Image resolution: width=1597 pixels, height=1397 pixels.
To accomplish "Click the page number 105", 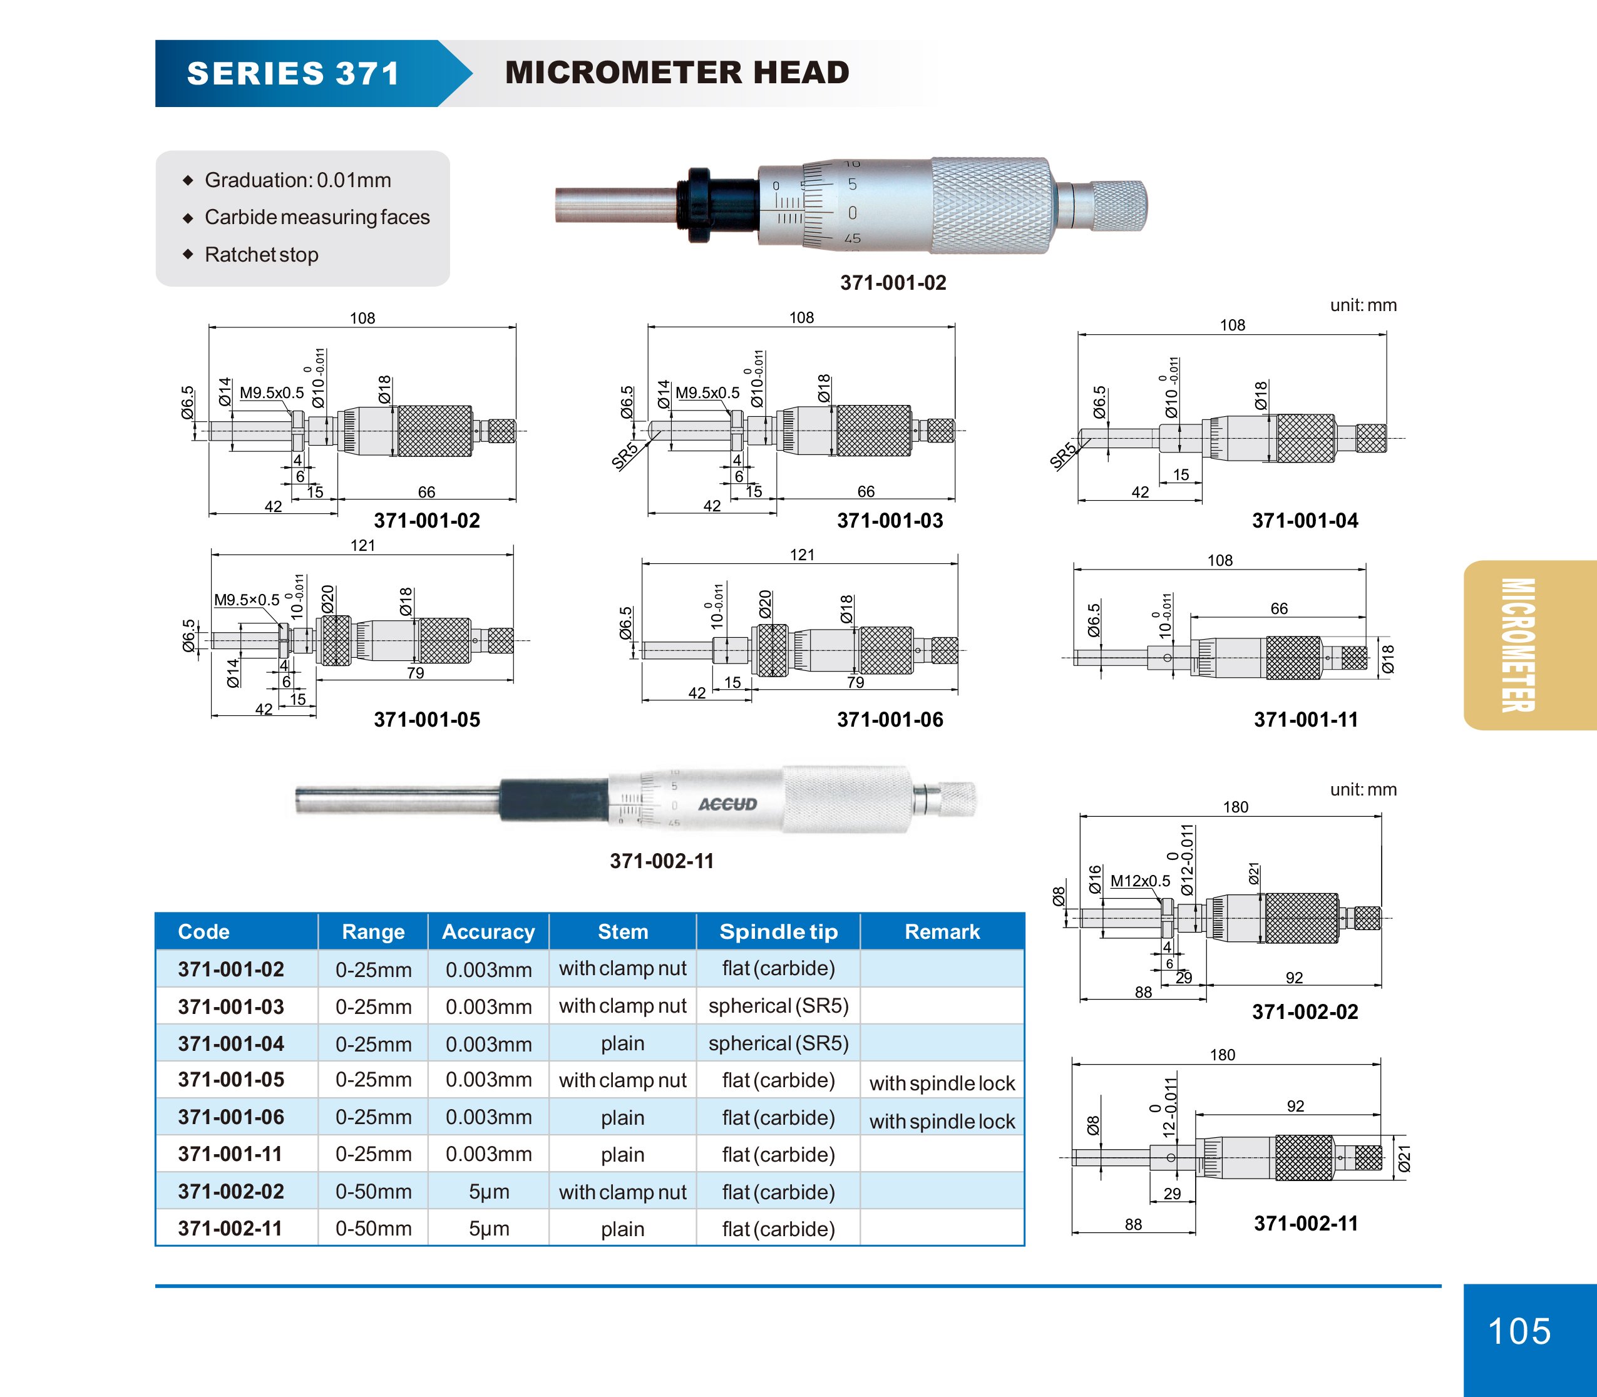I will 1519,1331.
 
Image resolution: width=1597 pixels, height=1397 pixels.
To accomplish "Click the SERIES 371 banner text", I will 293,74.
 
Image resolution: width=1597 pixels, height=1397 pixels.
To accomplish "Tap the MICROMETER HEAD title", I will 677,73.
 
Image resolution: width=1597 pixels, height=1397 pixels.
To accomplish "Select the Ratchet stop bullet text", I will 261,255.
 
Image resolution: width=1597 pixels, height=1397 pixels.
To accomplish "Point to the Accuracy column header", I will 488,931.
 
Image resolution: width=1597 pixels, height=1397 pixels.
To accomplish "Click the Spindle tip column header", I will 778,931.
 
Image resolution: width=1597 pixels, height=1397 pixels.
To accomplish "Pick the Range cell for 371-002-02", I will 374,1191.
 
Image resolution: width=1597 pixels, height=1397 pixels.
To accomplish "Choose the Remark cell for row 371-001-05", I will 942,1083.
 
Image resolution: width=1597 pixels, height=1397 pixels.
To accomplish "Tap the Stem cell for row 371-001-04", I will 622,1044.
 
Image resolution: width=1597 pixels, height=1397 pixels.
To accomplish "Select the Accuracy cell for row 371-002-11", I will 488,1229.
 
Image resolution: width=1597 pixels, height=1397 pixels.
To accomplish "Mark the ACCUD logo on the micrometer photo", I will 727,804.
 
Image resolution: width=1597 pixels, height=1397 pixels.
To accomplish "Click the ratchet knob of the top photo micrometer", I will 1118,205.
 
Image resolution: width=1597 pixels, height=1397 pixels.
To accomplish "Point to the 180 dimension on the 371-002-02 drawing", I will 1235,807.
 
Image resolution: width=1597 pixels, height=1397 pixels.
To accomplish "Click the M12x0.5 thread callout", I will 1139,881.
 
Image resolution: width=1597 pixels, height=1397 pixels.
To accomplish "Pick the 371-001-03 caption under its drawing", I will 890,521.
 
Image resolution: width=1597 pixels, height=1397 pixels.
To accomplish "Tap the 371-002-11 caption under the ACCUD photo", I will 661,861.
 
